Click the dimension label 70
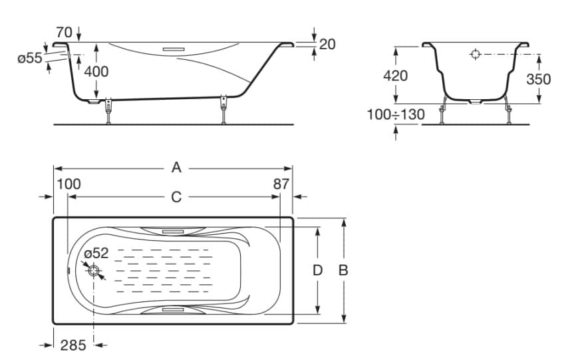coord(64,31)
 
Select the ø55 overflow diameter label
coord(30,58)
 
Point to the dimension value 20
coord(327,44)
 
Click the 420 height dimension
coord(395,76)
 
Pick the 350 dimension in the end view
coord(538,79)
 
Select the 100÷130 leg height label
coord(396,114)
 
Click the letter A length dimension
coord(176,168)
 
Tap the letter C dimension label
coord(176,196)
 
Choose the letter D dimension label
coord(318,270)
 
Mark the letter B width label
coord(343,270)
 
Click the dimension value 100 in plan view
coord(69,184)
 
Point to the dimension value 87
coord(281,184)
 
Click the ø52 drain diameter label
coord(96,254)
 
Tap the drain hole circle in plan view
coord(94,271)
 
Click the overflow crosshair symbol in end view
coord(476,54)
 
